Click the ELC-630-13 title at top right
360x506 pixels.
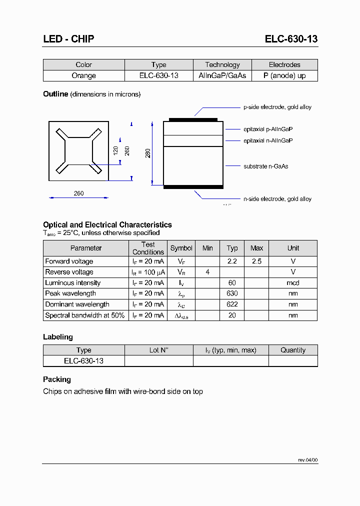291,39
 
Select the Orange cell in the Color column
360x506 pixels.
83,75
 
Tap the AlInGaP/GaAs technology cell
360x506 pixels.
222,75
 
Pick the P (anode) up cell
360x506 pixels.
284,75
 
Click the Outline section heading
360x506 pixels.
55,94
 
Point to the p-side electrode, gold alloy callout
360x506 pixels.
277,107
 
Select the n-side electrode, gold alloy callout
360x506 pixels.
277,199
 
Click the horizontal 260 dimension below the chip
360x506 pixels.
78,193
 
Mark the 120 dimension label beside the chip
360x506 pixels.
115,150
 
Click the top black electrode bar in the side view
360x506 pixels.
193,119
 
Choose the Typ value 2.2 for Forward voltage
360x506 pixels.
232,261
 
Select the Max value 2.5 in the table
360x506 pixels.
256,261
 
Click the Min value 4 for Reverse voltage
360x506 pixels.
207,272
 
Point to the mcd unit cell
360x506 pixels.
293,283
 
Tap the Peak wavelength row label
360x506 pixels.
70,293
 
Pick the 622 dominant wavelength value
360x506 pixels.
232,304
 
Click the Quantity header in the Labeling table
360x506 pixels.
293,350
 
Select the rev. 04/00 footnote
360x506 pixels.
307,459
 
